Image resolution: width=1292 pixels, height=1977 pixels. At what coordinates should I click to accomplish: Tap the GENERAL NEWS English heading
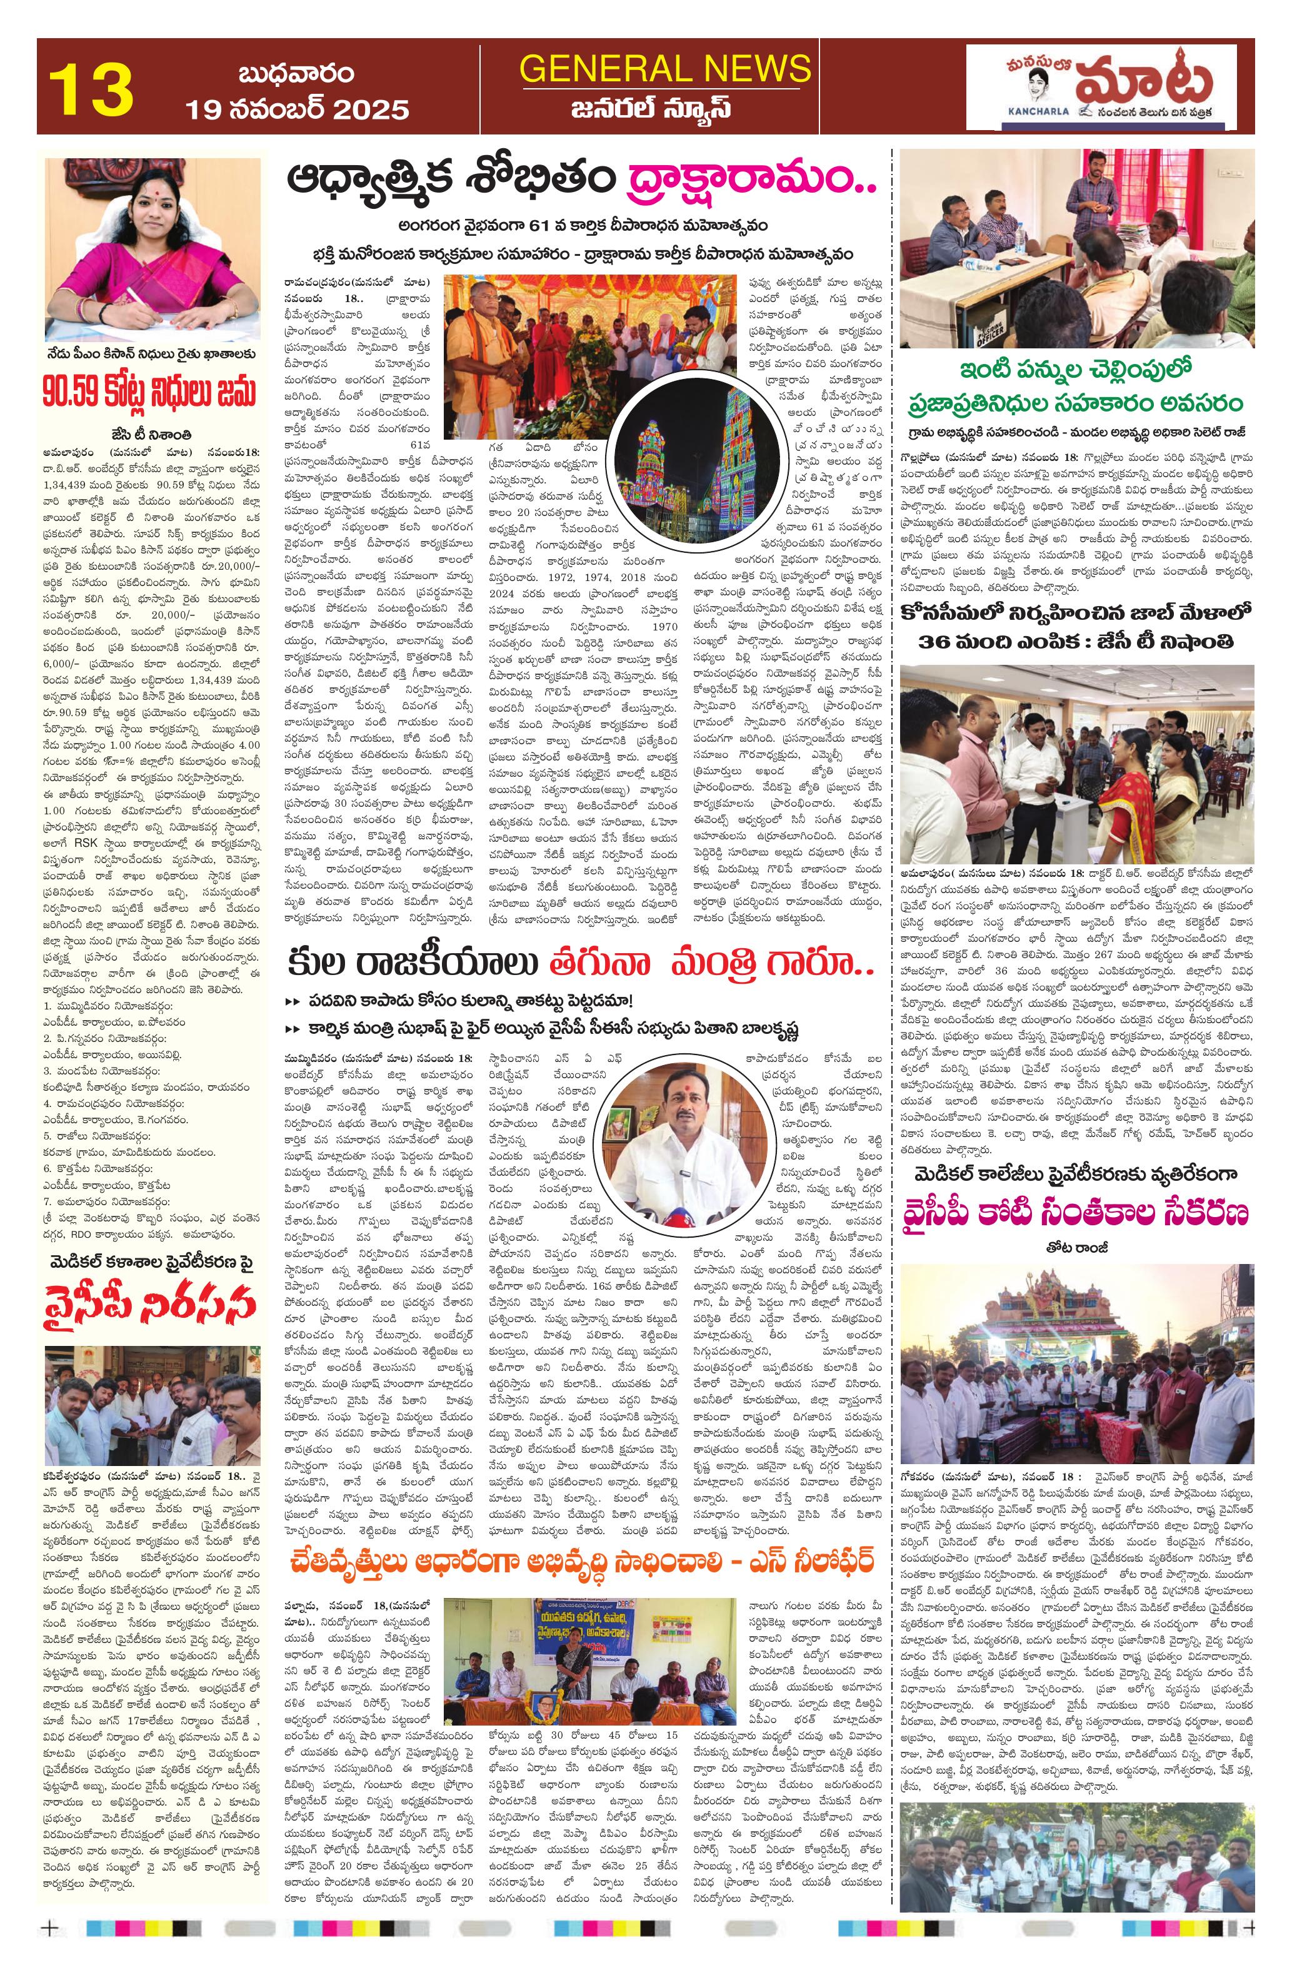click(665, 68)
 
